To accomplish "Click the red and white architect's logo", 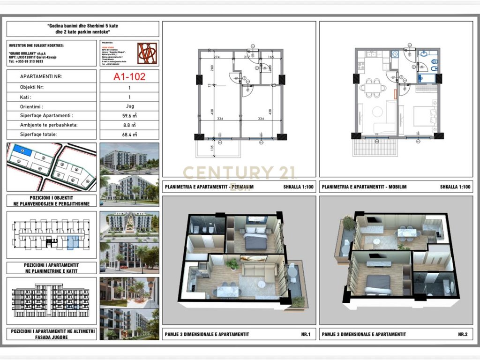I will (148, 53).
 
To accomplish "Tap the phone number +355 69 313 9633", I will (26, 61).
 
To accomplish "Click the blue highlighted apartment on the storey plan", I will (73, 241).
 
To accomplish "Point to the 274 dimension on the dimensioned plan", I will (216, 57).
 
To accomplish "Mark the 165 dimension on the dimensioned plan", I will (271, 57).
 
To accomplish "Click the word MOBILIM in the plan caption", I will (397, 187).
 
